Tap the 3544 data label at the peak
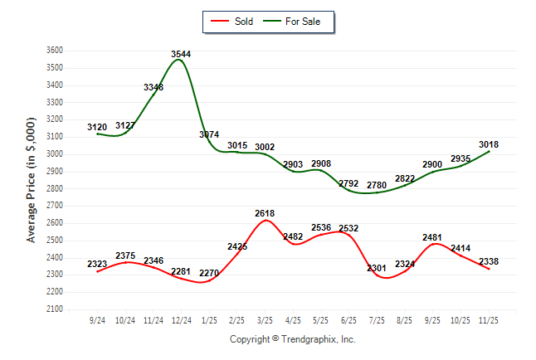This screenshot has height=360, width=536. [x=181, y=54]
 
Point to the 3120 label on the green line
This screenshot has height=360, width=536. [x=97, y=127]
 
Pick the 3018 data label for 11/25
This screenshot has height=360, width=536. [x=489, y=144]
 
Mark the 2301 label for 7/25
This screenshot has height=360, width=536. [x=377, y=268]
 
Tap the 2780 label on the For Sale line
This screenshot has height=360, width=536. [x=377, y=184]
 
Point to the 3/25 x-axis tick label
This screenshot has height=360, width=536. [x=265, y=318]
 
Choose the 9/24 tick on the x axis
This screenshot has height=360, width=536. [x=97, y=318]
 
